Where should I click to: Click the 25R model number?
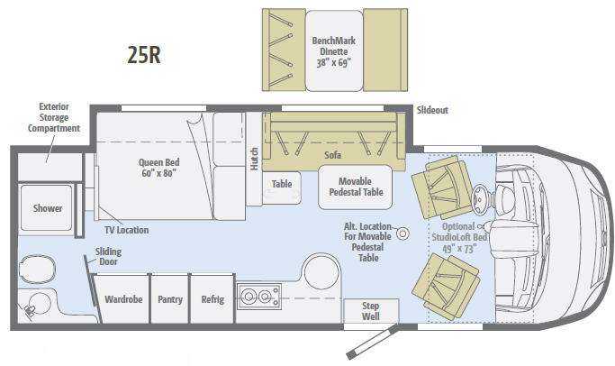pyautogui.click(x=144, y=55)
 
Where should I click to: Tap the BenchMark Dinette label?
pyautogui.click(x=334, y=51)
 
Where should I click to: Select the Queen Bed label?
pyautogui.click(x=158, y=168)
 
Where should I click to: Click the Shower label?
pyautogui.click(x=48, y=208)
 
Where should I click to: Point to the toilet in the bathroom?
pyautogui.click(x=36, y=269)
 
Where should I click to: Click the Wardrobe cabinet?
pyautogui.click(x=122, y=299)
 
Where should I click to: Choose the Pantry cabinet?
pyautogui.click(x=170, y=299)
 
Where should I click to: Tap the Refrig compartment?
pyautogui.click(x=213, y=299)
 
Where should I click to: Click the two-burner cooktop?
pyautogui.click(x=258, y=296)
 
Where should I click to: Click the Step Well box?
pyautogui.click(x=371, y=311)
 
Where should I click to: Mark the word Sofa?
pyautogui.click(x=332, y=155)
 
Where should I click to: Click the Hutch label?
pyautogui.click(x=254, y=159)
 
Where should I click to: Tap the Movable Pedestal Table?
pyautogui.click(x=356, y=188)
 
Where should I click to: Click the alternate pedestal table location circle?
pyautogui.click(x=402, y=233)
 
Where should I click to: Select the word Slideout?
pyautogui.click(x=432, y=110)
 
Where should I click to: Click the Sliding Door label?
pyautogui.click(x=108, y=256)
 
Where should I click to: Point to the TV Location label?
pyautogui.click(x=126, y=230)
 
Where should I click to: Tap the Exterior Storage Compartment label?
pyautogui.click(x=54, y=117)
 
